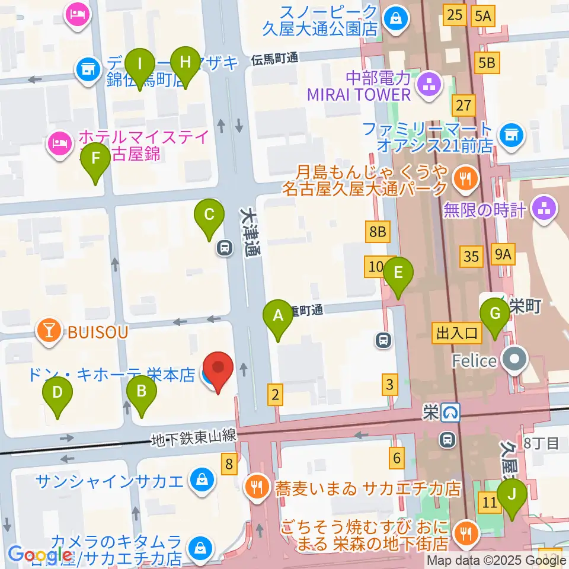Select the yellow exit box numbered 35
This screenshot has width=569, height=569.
point(471,257)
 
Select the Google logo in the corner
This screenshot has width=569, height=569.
point(40,555)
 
